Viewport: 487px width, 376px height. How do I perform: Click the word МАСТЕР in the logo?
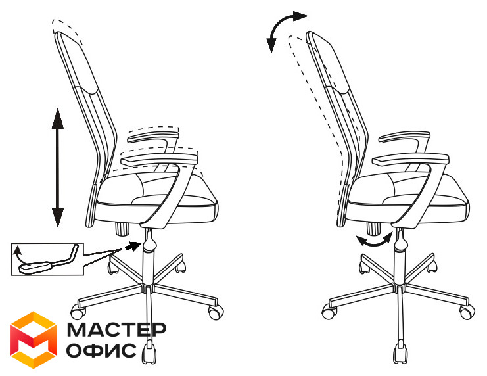click(116, 329)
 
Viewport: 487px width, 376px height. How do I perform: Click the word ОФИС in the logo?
click(101, 350)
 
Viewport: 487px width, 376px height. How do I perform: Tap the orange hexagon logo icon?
click(34, 340)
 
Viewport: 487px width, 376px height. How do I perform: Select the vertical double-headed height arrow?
click(57, 168)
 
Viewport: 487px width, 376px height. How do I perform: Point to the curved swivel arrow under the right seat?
click(374, 240)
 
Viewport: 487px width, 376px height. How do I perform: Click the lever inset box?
click(47, 259)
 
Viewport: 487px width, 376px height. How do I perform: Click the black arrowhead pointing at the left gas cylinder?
click(133, 246)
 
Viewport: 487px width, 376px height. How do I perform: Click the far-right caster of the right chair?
click(467, 312)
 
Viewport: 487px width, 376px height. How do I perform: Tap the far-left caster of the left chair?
click(78, 312)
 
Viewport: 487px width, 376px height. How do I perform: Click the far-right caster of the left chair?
click(216, 312)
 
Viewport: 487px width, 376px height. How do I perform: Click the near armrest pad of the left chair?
click(160, 160)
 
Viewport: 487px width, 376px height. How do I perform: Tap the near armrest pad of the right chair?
click(411, 160)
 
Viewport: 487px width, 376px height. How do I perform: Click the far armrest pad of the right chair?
click(405, 137)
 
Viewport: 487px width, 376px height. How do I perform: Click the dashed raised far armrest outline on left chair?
click(153, 131)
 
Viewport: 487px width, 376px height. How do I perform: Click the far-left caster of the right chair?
click(329, 312)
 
